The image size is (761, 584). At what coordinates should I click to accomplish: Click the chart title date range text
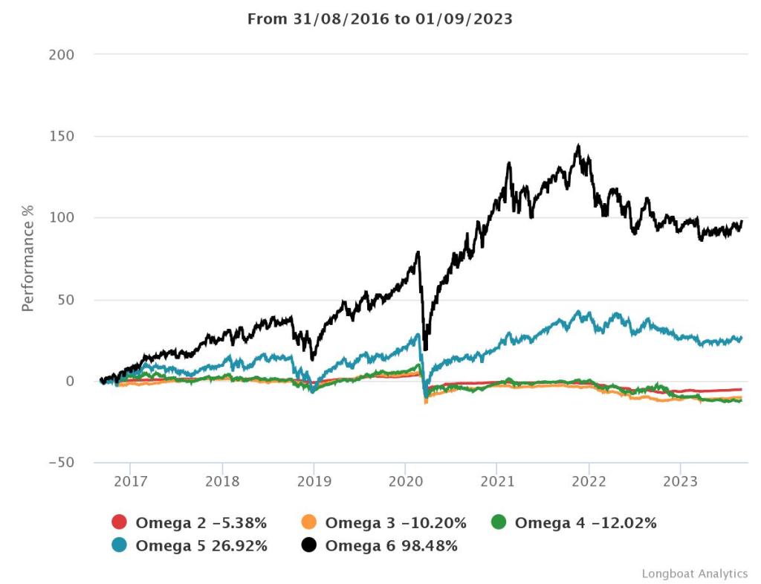click(380, 19)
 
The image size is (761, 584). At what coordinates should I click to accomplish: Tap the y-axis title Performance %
click(27, 259)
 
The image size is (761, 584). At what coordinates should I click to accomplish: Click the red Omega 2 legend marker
click(119, 523)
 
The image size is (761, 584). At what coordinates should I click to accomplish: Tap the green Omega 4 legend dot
click(499, 523)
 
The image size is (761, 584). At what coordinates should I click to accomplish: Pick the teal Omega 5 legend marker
click(119, 546)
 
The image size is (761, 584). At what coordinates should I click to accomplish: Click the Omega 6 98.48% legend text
click(391, 546)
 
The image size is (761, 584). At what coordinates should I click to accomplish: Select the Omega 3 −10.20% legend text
click(395, 523)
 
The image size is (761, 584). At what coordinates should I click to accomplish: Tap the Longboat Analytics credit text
click(694, 574)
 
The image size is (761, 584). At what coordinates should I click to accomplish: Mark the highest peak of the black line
click(578, 146)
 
